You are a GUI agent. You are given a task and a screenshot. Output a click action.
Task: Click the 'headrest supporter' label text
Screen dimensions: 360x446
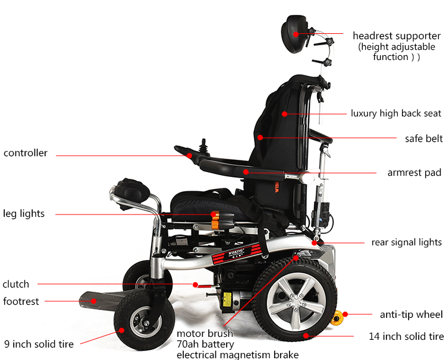pyautogui.click(x=396, y=36)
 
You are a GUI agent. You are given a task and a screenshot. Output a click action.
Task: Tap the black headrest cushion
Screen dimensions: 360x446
pyautogui.click(x=293, y=30)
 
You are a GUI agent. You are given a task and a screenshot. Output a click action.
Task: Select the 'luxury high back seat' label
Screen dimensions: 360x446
pyautogui.click(x=395, y=113)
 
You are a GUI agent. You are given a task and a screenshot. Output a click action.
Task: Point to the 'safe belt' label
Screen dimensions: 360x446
pyautogui.click(x=423, y=138)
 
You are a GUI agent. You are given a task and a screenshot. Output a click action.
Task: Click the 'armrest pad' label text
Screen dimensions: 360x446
pyautogui.click(x=414, y=173)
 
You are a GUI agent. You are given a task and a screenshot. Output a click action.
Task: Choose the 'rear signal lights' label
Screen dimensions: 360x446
pyautogui.click(x=406, y=242)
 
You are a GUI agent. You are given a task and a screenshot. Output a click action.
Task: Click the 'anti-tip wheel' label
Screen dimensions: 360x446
pyautogui.click(x=411, y=314)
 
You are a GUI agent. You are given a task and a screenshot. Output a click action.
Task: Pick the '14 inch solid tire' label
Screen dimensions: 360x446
pyautogui.click(x=406, y=337)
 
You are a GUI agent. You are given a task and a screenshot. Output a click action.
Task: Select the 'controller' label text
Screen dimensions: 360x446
pyautogui.click(x=26, y=153)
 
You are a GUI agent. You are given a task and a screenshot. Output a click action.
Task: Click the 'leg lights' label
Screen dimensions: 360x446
pyautogui.click(x=24, y=213)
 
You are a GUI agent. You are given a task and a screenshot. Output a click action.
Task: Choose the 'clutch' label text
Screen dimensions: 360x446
pyautogui.click(x=16, y=284)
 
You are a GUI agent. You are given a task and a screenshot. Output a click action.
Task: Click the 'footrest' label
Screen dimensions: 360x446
pyautogui.click(x=21, y=301)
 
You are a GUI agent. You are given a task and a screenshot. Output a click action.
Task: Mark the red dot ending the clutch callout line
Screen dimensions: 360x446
pyautogui.click(x=195, y=284)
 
